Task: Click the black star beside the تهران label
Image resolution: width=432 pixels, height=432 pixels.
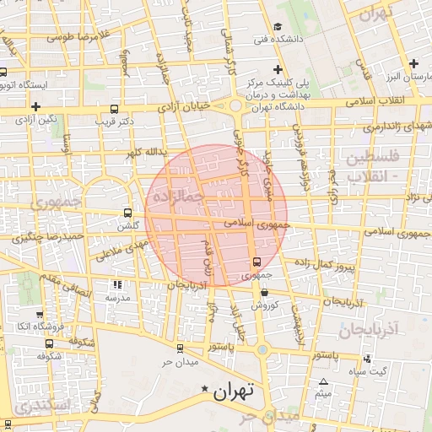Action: pos(203,389)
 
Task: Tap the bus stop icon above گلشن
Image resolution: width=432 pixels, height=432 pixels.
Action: pos(127,213)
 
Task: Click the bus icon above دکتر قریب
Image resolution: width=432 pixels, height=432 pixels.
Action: pos(115,109)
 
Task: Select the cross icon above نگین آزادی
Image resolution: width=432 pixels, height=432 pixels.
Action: pos(36,106)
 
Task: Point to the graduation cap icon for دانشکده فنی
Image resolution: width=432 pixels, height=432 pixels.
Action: pos(278,27)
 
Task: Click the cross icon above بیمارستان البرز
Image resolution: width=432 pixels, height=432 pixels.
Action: pos(413,63)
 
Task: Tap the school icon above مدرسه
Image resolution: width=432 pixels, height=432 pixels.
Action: pos(116,285)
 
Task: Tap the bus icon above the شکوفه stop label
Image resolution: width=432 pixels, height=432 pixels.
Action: pos(50,343)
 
